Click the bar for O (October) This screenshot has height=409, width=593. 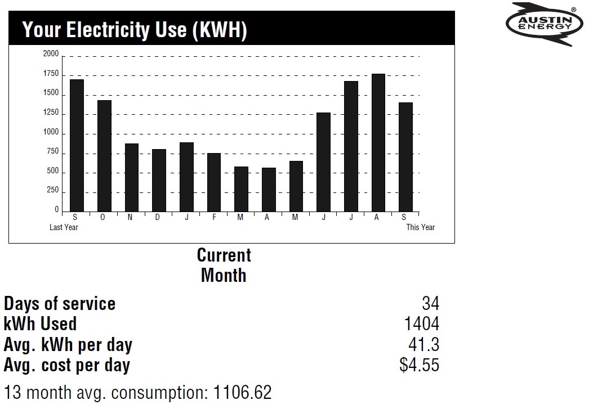(x=104, y=156)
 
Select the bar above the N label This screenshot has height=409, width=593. (x=131, y=177)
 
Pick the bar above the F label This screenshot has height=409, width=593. (x=213, y=182)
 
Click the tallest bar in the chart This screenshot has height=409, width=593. (x=378, y=142)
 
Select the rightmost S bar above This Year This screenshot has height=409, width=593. (x=405, y=157)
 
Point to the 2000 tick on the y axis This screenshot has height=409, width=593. (x=51, y=54)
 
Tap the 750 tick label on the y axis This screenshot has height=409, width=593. (x=52, y=151)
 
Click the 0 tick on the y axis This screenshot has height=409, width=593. (x=56, y=210)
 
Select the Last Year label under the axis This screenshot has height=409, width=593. (x=64, y=227)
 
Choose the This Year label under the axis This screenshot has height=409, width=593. (x=420, y=227)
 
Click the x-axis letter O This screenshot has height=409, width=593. (x=102, y=218)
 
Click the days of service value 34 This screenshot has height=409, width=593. (x=430, y=304)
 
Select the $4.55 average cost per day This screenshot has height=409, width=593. (x=419, y=365)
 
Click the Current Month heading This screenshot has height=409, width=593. (x=224, y=265)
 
